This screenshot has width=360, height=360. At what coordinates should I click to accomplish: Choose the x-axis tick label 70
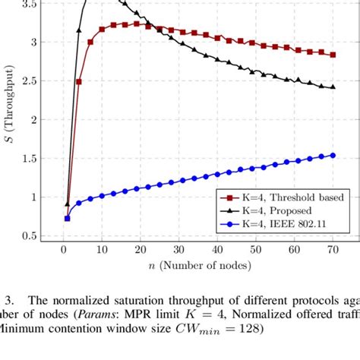(x=333, y=250)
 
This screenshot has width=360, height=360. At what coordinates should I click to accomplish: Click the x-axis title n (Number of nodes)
(x=197, y=267)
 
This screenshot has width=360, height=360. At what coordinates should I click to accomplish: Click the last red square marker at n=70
(x=333, y=55)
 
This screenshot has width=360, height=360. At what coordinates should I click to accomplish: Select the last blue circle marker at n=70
(x=333, y=156)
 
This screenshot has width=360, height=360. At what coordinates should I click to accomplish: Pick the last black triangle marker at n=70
(x=333, y=87)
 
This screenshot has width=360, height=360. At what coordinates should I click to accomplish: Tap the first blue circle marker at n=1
(x=67, y=218)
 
